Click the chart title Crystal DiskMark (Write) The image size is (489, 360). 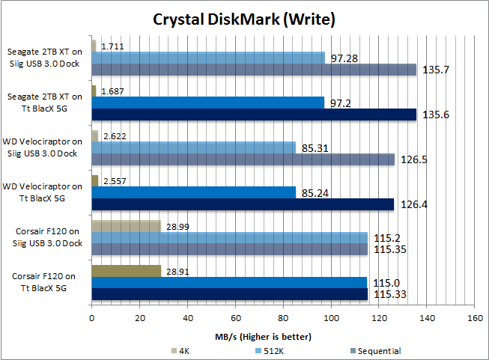click(x=244, y=18)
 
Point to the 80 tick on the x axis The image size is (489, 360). click(x=282, y=317)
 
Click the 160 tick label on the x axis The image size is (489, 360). click(x=474, y=317)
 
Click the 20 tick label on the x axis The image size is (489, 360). click(x=139, y=317)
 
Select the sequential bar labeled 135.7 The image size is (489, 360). click(x=253, y=70)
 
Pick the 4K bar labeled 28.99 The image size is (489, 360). click(x=126, y=225)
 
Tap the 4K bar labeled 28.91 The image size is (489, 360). click(x=126, y=270)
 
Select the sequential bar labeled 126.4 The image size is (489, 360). click(x=242, y=204)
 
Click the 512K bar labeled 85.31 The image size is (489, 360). click(x=193, y=147)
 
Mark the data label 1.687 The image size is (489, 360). click(x=112, y=91)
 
